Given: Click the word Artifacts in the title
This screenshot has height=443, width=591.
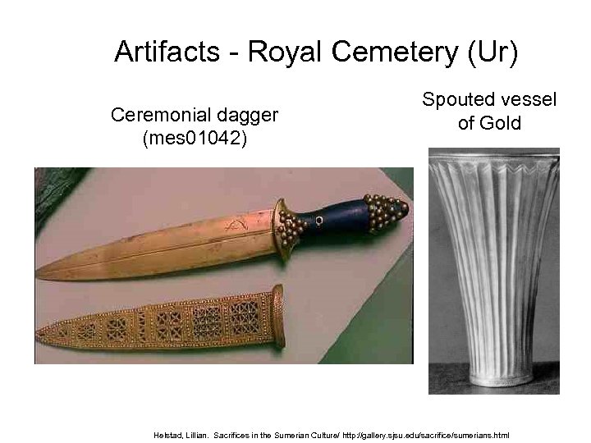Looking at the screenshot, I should [x=167, y=53].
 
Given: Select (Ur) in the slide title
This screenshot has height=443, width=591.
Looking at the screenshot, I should [x=492, y=53].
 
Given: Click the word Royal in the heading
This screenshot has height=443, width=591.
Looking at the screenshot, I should [x=285, y=53].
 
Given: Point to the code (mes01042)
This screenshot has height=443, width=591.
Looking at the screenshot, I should [x=194, y=137].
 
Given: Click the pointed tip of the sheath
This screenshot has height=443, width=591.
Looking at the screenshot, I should [x=41, y=337].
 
